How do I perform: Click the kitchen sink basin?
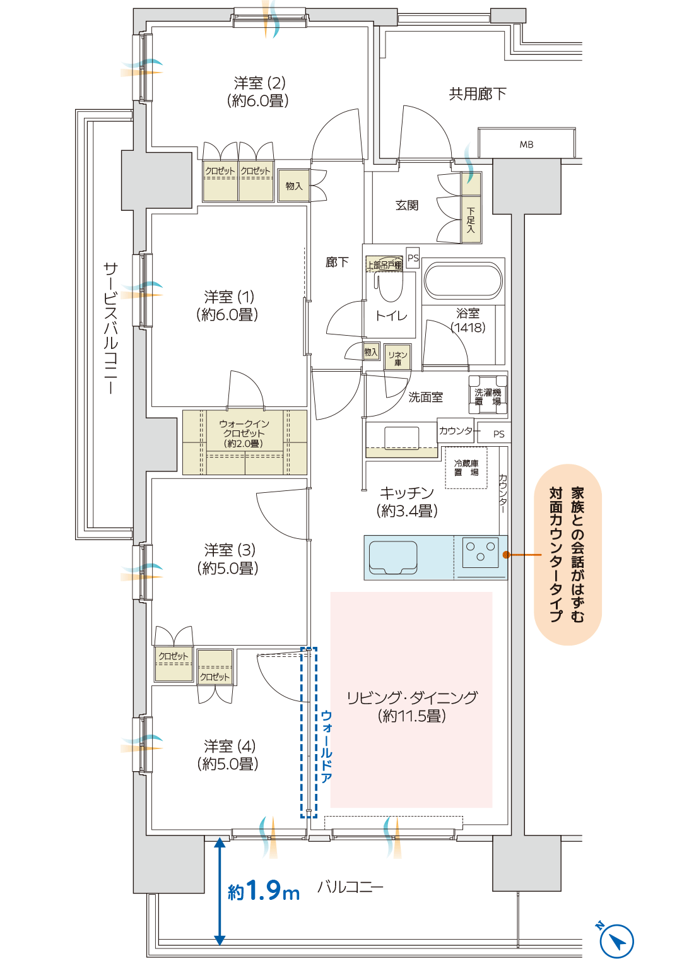pyautogui.click(x=393, y=556)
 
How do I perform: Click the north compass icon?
pyautogui.click(x=616, y=941)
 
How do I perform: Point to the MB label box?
pyautogui.click(x=526, y=144)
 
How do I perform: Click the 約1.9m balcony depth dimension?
pyautogui.click(x=263, y=890)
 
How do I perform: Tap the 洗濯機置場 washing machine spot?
pyautogui.click(x=488, y=396)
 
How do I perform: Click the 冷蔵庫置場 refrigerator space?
pyautogui.click(x=466, y=468)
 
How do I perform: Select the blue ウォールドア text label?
pyautogui.click(x=326, y=747)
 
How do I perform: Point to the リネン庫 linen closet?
pyautogui.click(x=397, y=358)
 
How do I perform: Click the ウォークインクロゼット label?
pyautogui.click(x=244, y=434)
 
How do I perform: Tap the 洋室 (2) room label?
pyautogui.click(x=259, y=92)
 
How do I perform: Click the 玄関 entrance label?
pyautogui.click(x=407, y=205)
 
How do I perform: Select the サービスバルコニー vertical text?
pyautogui.click(x=110, y=328)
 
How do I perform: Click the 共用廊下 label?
pyautogui.click(x=478, y=94)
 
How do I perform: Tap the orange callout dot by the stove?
pyautogui.click(x=506, y=555)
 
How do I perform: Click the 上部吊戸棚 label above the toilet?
pyautogui.click(x=384, y=264)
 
